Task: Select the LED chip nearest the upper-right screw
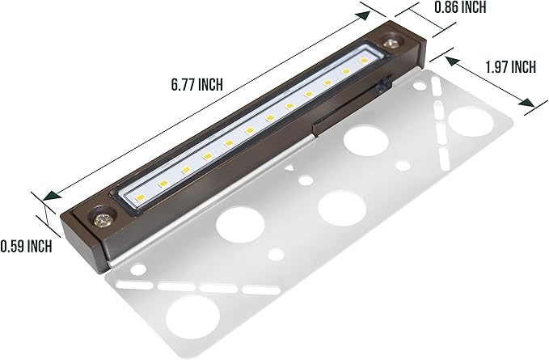coord(365,61)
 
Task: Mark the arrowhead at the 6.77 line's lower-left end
coord(51,195)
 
